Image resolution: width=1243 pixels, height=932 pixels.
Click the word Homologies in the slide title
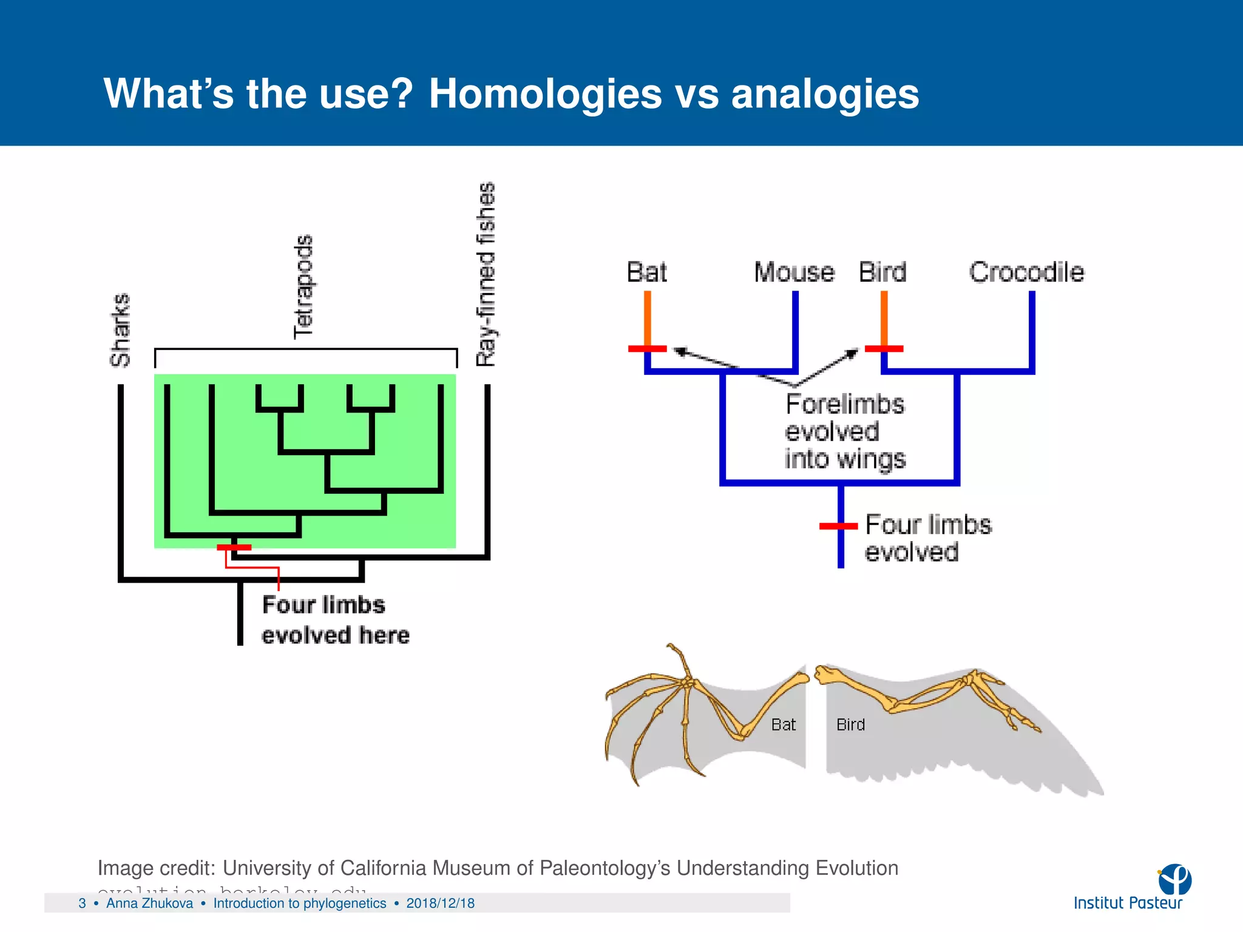pos(545,95)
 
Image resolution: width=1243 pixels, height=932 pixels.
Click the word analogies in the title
pos(825,95)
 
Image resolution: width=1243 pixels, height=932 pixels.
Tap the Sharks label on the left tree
pos(120,330)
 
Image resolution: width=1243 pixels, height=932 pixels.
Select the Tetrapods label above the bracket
pos(303,286)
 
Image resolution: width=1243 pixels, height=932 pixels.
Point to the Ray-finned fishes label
pos(486,274)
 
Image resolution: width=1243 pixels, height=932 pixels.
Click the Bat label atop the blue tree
pos(647,272)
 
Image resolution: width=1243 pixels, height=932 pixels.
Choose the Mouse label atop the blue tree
pos(794,272)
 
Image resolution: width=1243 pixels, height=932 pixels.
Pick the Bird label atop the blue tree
pos(882,272)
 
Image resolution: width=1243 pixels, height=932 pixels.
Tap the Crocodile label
pos(1026,272)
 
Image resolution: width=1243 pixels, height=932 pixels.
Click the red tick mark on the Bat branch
pos(647,349)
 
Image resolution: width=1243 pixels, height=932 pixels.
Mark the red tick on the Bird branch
pos(884,349)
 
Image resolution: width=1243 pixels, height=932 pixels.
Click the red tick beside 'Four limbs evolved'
pos(838,526)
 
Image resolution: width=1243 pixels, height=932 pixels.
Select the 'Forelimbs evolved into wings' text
pos(844,431)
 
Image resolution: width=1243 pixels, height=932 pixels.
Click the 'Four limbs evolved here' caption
pos(335,620)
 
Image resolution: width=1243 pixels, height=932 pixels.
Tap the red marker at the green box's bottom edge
pos(234,547)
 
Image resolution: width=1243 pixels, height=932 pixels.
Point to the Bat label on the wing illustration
pos(783,724)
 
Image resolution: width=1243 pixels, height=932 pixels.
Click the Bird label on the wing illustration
pos(850,724)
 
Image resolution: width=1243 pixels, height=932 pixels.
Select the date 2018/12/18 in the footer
pos(440,903)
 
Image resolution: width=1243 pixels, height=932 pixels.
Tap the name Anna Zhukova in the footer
pos(149,903)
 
